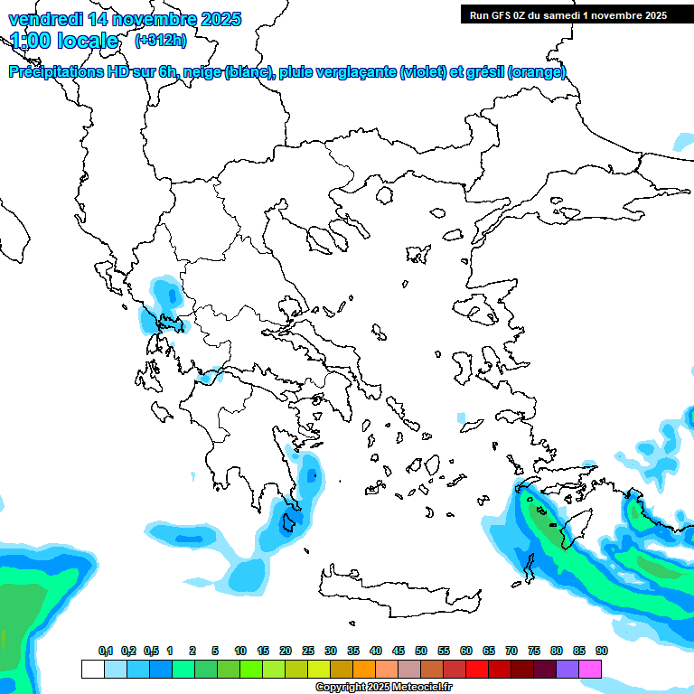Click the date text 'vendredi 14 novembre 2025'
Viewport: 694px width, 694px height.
(x=125, y=19)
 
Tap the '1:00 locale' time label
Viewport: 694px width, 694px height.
(x=64, y=41)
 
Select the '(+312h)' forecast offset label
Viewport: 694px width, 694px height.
(x=160, y=41)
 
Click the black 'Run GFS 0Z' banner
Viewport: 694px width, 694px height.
(x=565, y=14)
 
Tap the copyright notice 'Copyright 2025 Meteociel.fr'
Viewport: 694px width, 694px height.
(x=383, y=688)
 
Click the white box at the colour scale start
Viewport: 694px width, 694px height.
(x=92, y=669)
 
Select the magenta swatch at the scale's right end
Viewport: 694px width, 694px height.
(x=590, y=669)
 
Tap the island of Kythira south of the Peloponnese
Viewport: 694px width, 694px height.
(x=290, y=522)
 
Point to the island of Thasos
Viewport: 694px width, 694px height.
(x=384, y=194)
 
